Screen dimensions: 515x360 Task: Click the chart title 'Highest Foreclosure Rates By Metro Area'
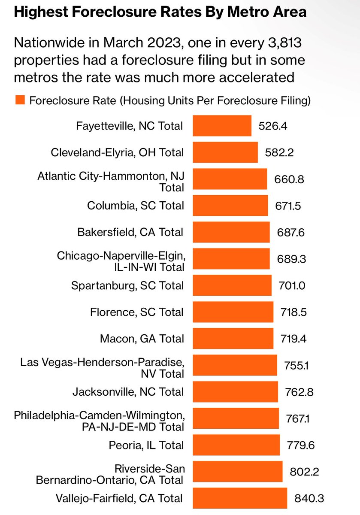point(160,12)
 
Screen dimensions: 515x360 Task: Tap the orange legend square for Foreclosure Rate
point(20,100)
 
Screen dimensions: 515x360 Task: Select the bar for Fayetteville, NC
point(222,126)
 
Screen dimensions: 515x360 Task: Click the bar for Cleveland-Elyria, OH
point(225,152)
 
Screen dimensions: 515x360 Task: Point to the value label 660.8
point(289,179)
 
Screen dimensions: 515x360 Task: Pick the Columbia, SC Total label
point(135,206)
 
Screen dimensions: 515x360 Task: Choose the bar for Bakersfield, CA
point(231,232)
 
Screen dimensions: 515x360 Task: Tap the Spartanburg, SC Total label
point(128,285)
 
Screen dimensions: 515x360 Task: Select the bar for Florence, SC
point(233,312)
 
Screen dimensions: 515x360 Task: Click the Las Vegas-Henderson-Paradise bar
point(235,365)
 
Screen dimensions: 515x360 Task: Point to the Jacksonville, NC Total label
point(128,392)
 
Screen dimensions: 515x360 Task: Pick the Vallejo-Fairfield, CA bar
point(239,498)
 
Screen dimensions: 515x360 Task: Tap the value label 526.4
point(273,126)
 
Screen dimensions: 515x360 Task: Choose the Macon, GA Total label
point(142,339)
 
